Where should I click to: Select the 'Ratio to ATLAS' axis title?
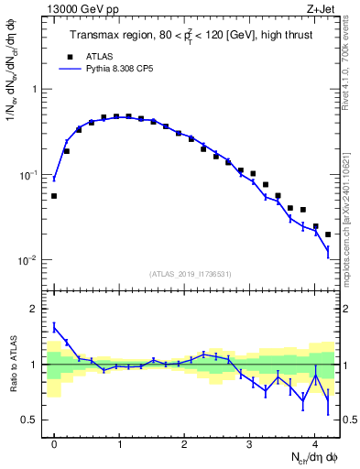click(12, 364)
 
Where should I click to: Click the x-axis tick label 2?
click(184, 442)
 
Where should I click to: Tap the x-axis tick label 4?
click(314, 442)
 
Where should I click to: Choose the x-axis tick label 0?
click(54, 442)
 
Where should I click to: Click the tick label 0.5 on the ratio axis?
click(30, 420)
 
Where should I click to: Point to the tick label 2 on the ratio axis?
click(35, 309)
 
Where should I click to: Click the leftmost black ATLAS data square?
click(54, 196)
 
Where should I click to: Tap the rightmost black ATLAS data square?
click(328, 234)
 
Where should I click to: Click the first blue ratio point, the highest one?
click(54, 326)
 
